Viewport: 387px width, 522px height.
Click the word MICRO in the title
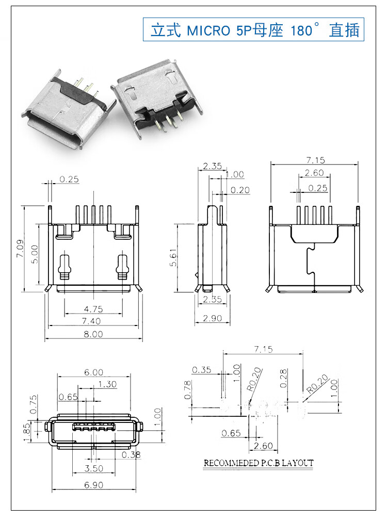208,30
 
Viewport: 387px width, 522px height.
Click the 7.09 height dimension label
20,249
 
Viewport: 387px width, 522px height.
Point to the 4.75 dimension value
93,309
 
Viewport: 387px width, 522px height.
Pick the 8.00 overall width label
93,334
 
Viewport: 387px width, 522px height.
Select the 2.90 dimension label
212,318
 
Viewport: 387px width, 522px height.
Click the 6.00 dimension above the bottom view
93,372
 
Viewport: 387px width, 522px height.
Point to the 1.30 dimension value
107,384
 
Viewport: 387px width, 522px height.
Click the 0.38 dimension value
132,454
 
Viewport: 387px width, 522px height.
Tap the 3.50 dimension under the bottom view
93,468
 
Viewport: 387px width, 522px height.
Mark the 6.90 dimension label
93,484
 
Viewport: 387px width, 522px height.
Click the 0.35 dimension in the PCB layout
202,369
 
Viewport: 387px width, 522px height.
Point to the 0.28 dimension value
283,378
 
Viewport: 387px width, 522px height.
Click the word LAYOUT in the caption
297,463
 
